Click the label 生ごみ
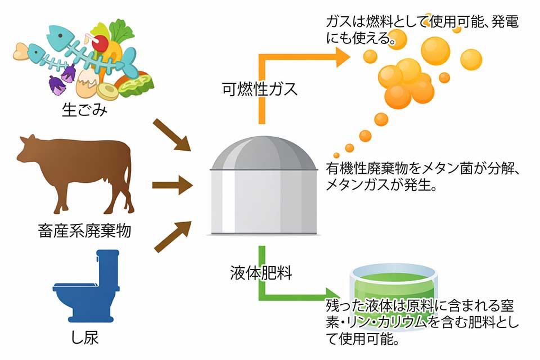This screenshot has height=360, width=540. pos(84,109)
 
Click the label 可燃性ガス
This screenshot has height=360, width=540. pos(259,89)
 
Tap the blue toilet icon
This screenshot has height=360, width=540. pos(84,287)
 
